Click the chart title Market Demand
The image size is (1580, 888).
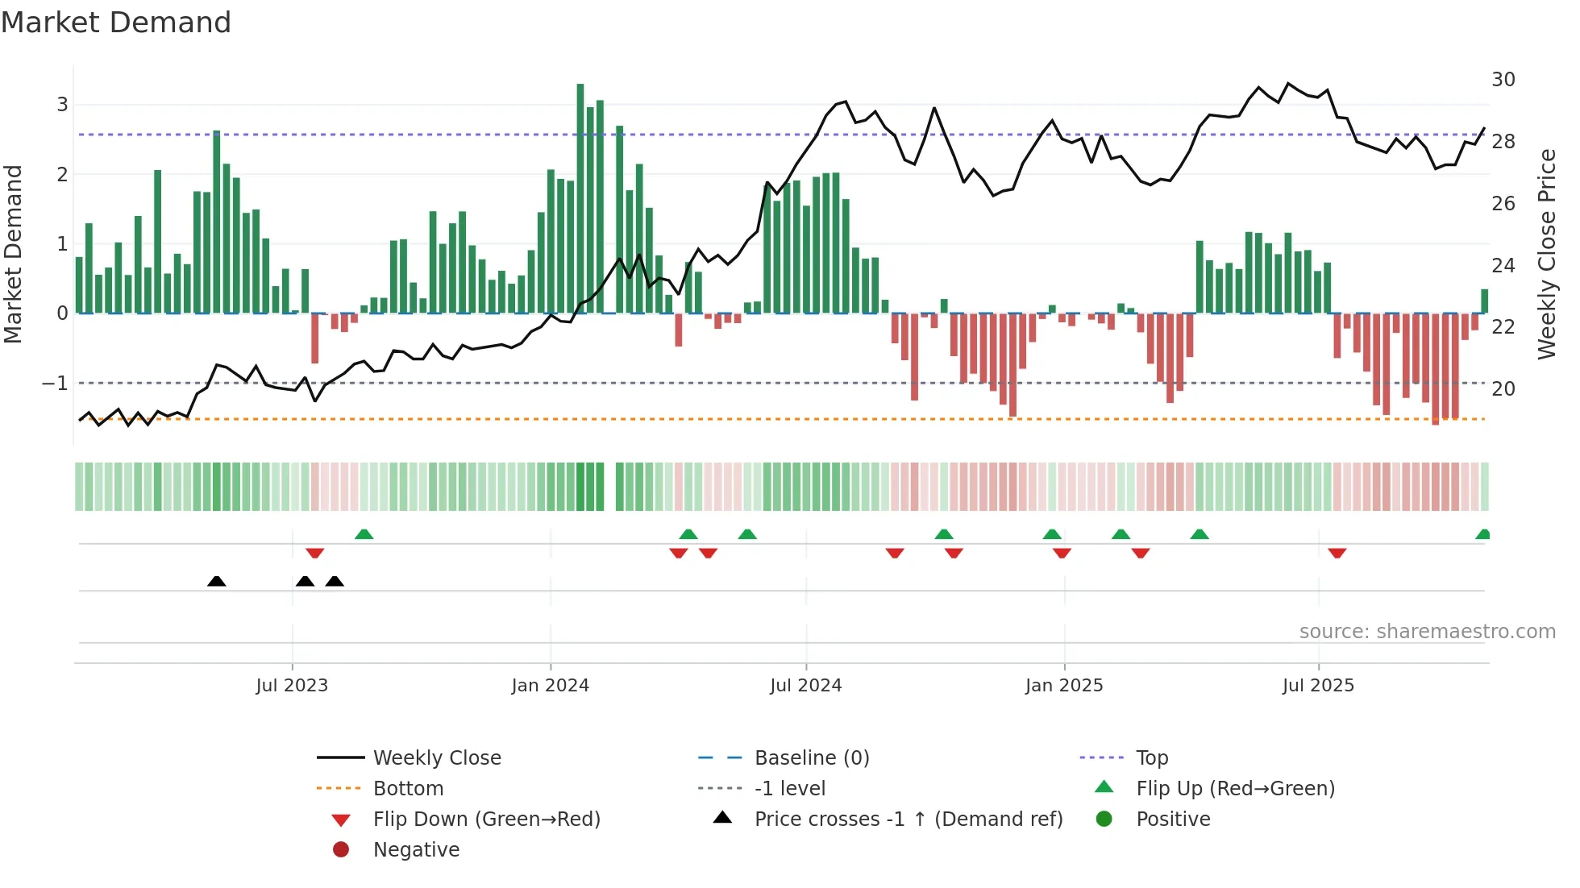click(116, 23)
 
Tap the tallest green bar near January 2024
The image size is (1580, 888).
click(580, 197)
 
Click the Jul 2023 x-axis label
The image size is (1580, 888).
click(292, 686)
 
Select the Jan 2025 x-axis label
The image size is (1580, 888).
click(1064, 686)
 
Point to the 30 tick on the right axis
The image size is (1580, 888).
click(1503, 80)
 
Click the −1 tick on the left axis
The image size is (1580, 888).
click(56, 384)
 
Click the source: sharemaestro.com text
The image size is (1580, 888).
click(1427, 632)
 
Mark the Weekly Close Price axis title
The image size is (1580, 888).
click(1546, 254)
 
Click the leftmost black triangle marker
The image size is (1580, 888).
click(216, 581)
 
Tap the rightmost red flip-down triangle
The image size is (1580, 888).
click(1337, 553)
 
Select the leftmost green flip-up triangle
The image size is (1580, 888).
click(364, 533)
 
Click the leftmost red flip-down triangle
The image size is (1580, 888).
click(315, 553)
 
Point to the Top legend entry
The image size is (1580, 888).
click(1152, 758)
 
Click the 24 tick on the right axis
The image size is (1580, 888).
click(1503, 265)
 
